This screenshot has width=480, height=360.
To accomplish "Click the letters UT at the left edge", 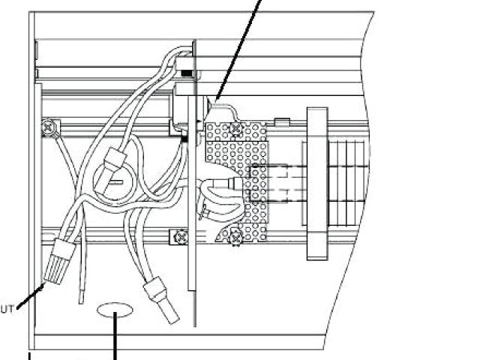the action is pos(7,308).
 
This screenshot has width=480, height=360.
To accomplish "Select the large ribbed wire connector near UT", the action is pos(60,259).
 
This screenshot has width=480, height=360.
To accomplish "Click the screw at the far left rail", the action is pos(49,129).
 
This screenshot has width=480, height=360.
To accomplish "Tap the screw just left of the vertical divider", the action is pos(180,238).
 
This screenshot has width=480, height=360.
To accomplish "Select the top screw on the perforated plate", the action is pos(235,130).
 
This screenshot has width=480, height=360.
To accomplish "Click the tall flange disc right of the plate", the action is pos(316,183).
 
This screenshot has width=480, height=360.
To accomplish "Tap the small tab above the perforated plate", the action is pos(282,121).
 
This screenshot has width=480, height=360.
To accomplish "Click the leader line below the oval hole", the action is pos(115,341).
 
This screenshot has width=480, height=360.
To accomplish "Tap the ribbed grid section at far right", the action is pos(349,184).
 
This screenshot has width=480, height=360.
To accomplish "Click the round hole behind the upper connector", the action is pos(110,181).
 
